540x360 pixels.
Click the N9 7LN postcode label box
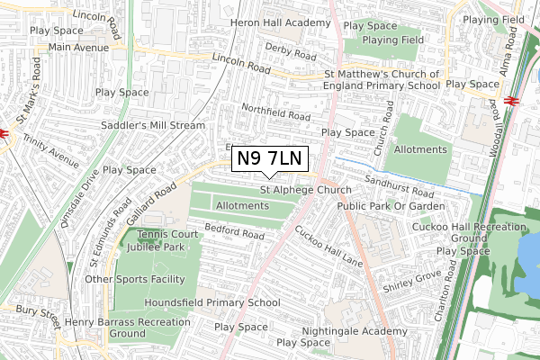click(271, 159)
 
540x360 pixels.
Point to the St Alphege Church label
click(306, 190)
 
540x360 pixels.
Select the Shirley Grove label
click(412, 280)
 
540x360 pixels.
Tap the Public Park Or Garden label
click(391, 206)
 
